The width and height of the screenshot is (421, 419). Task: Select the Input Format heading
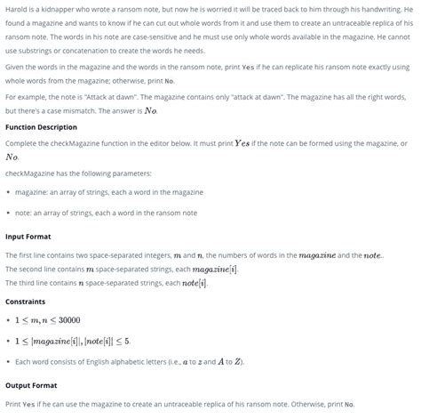click(x=28, y=236)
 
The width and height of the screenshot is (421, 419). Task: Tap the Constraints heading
click(x=25, y=301)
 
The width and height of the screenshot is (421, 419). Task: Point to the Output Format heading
click(x=31, y=385)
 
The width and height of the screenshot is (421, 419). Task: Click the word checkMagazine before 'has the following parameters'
click(x=29, y=172)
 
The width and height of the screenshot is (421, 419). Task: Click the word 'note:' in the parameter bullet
click(x=25, y=213)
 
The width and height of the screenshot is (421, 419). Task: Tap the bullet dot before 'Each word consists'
click(x=8, y=361)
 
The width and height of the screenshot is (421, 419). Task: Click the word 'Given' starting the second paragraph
click(x=14, y=67)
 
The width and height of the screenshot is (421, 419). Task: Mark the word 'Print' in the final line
click(x=13, y=404)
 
